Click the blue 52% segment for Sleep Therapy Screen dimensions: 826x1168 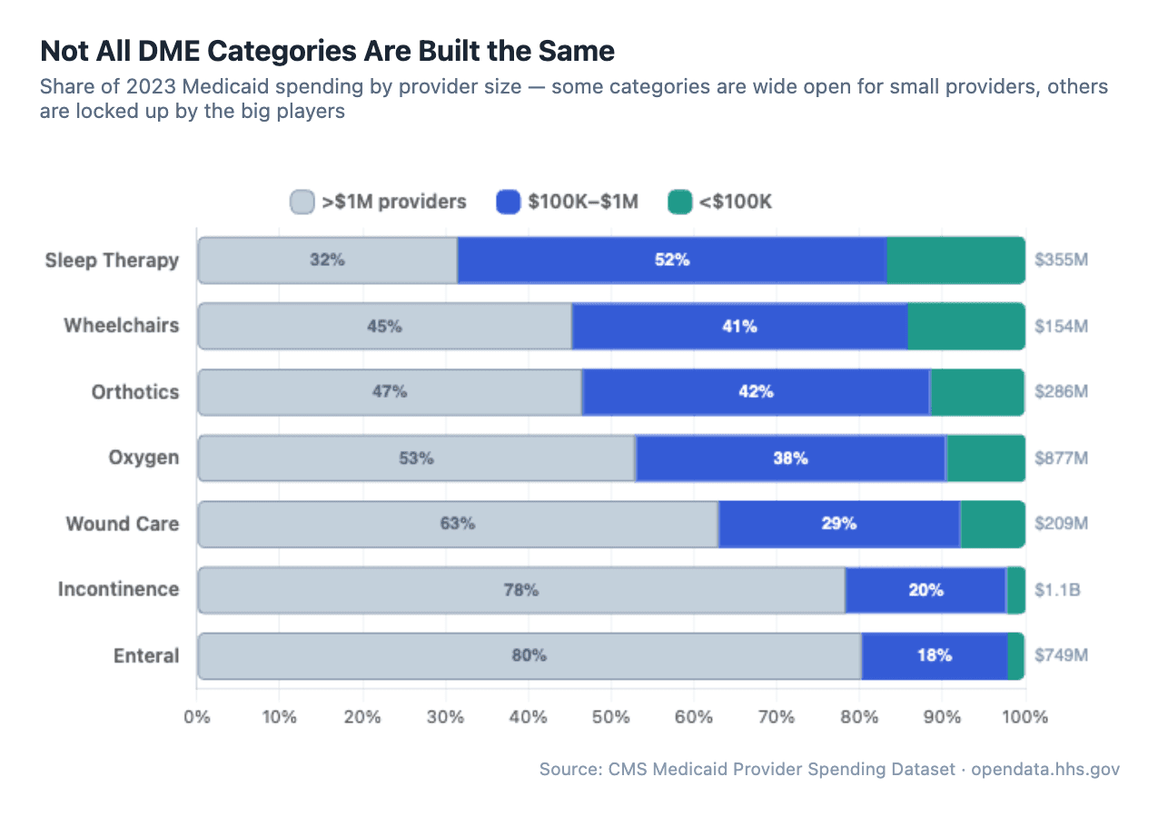[671, 261]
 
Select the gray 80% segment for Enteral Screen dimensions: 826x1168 [529, 656]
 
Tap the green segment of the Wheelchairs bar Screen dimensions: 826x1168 [965, 326]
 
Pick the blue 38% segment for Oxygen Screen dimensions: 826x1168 [790, 458]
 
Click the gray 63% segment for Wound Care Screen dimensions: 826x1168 [458, 524]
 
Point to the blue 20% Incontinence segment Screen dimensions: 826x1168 [925, 590]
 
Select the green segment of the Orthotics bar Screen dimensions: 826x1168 [977, 392]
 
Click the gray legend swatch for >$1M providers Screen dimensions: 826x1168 [302, 202]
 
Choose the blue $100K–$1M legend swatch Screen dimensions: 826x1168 [508, 202]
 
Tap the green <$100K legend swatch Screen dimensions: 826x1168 [679, 202]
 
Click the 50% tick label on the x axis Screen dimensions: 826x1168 [610, 717]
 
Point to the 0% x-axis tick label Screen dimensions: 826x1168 [197, 717]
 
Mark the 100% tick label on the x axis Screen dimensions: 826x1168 [1024, 717]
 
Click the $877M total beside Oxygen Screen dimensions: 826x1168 [1061, 458]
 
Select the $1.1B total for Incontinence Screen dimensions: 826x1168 [1057, 590]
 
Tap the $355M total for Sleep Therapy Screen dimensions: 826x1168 [1061, 261]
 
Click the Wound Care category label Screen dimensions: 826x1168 [122, 524]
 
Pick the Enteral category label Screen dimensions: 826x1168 [146, 656]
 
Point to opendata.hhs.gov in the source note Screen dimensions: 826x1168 [1045, 770]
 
